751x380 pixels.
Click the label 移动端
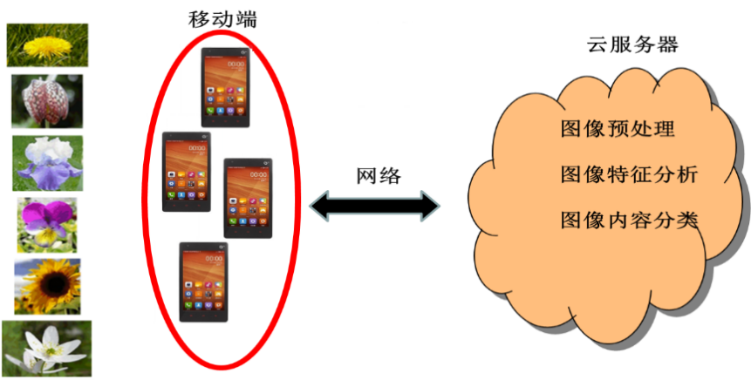point(222,18)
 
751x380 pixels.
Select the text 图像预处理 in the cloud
point(618,130)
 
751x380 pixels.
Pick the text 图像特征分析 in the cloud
point(628,174)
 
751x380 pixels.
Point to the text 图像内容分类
point(629,219)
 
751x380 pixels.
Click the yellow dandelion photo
point(48,45)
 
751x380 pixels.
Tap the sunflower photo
point(47,287)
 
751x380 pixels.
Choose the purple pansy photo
point(47,225)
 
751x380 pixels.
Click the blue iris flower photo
point(47,163)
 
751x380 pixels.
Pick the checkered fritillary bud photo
point(47,101)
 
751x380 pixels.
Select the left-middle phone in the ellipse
point(188,173)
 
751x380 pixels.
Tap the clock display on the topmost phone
point(236,64)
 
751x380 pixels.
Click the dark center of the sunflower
point(48,285)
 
